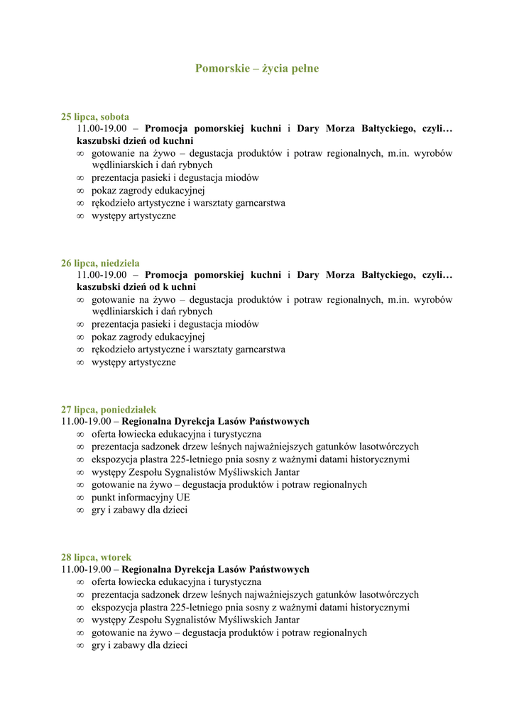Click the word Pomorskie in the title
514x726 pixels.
(221, 69)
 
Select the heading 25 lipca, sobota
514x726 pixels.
(95, 116)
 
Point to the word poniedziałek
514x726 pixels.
(128, 410)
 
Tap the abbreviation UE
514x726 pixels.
(183, 498)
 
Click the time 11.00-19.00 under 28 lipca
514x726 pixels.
(87, 569)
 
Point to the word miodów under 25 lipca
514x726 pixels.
(242, 178)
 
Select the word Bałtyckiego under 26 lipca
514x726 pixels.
(387, 275)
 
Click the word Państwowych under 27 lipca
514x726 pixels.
(277, 421)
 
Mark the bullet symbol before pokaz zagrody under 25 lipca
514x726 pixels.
(80, 191)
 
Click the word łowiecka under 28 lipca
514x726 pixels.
(141, 582)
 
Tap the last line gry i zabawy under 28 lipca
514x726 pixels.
(139, 646)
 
